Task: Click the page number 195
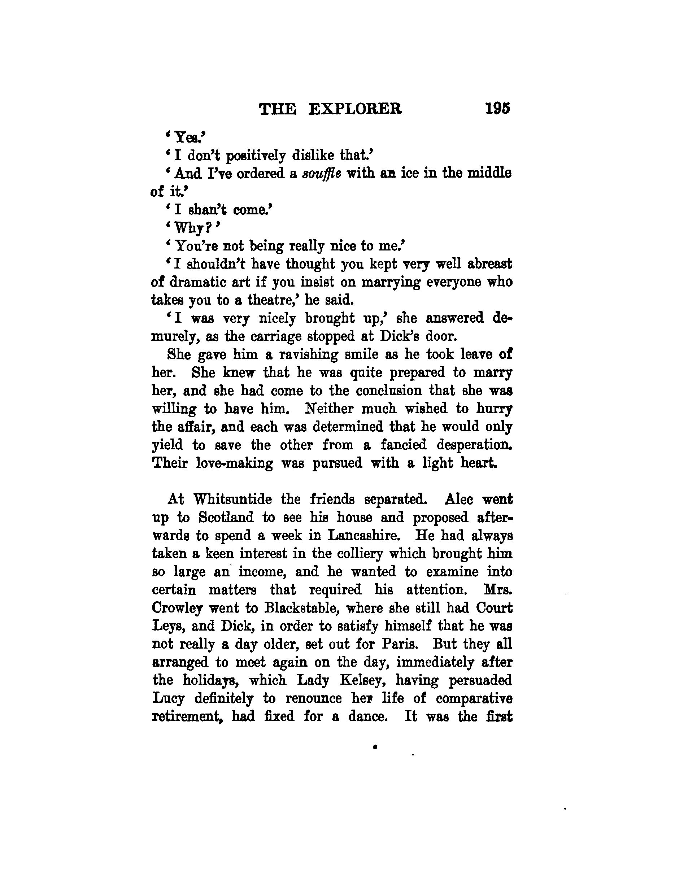coord(497,109)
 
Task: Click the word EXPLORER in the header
coord(354,109)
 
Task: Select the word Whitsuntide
coord(232,500)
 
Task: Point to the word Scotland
coord(226,518)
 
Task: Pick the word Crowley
coord(177,608)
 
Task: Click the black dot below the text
coord(375,747)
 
